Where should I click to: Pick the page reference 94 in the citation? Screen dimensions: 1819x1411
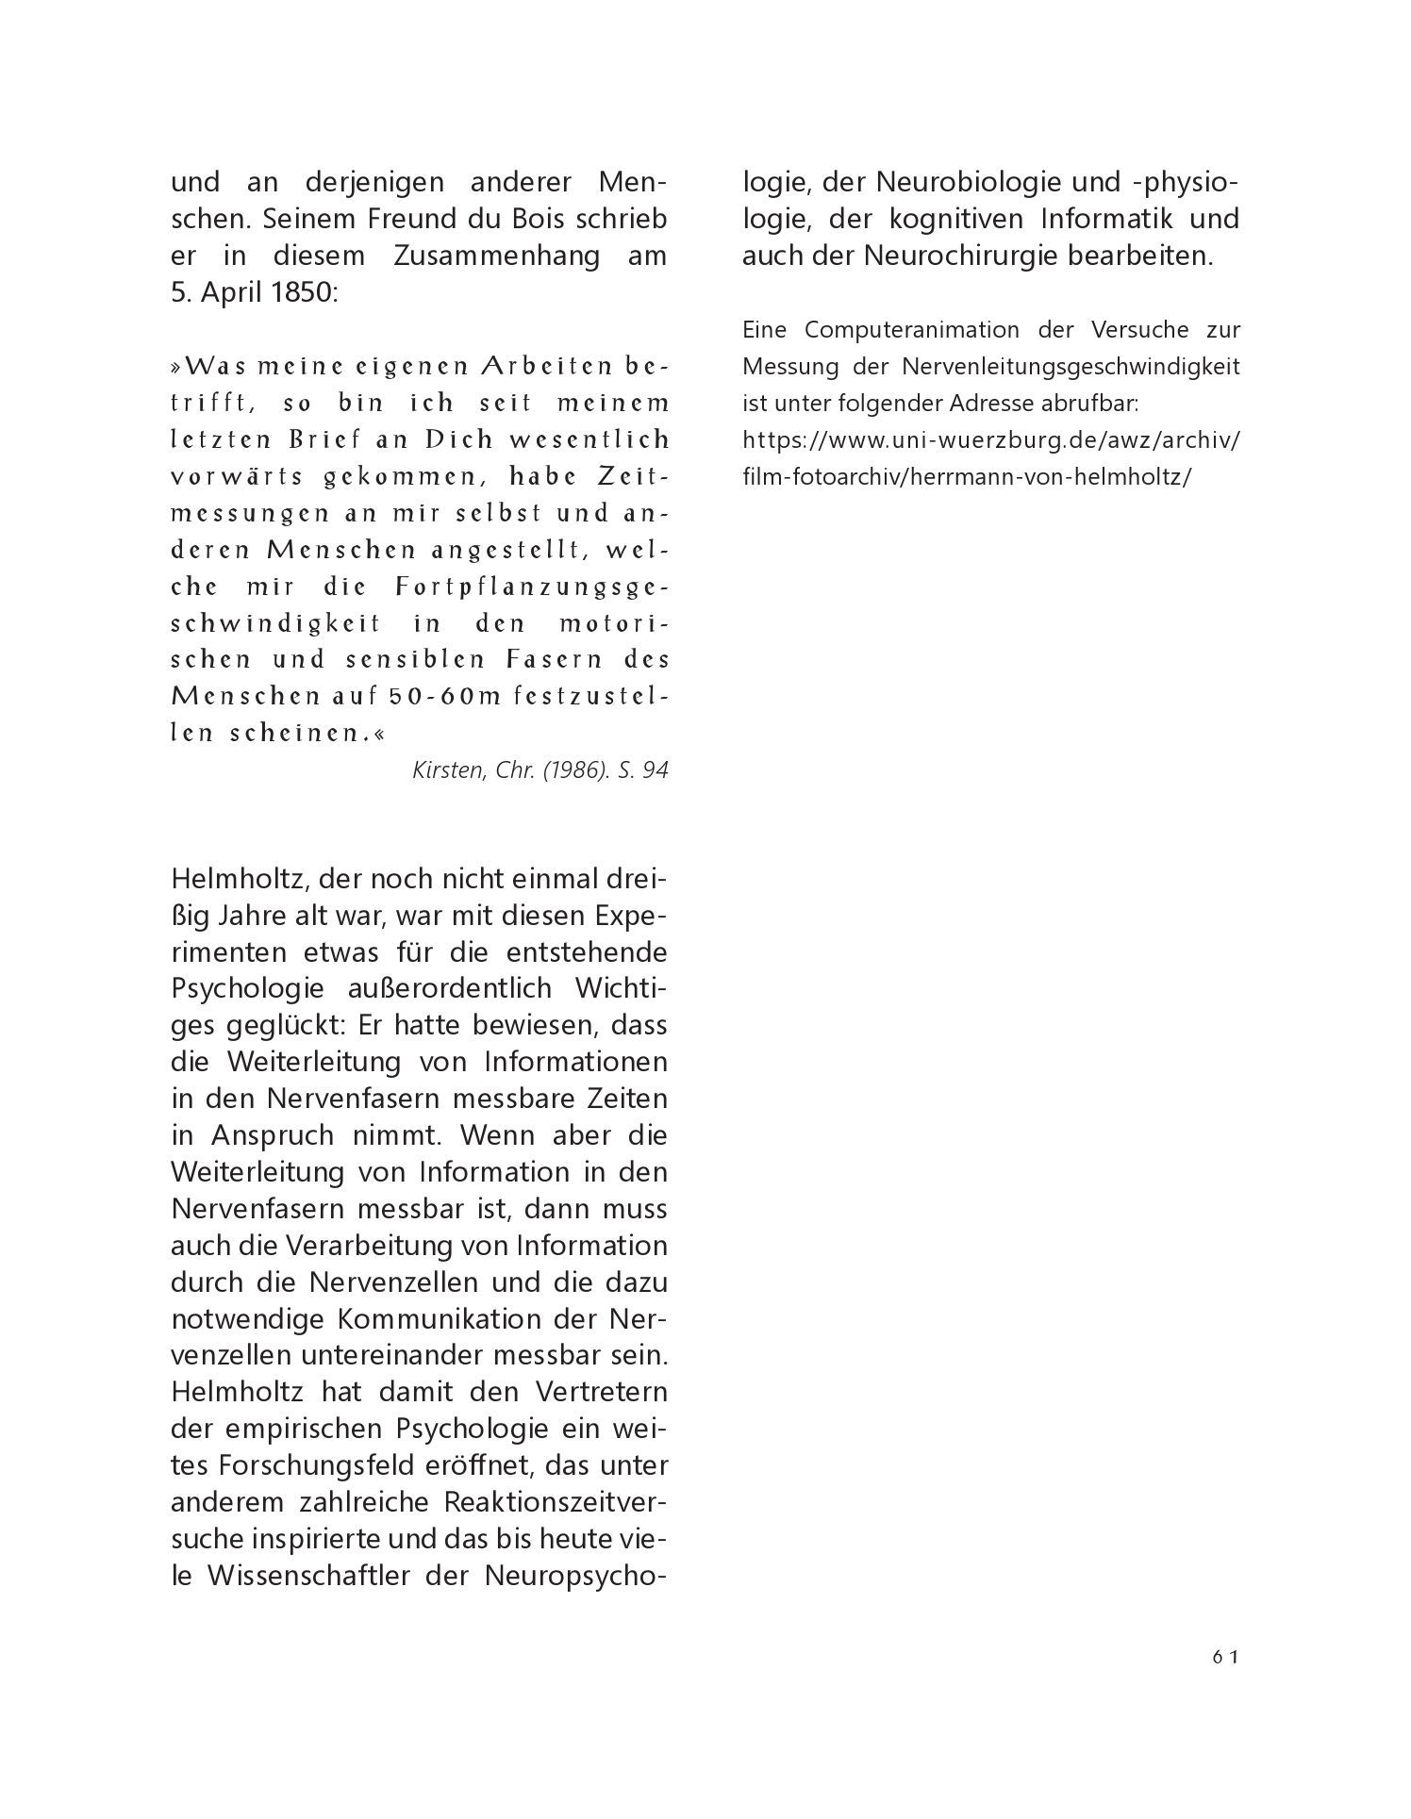point(655,770)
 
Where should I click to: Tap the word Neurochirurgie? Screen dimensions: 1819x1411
point(962,256)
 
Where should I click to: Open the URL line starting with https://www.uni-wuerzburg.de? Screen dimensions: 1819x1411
point(990,440)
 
